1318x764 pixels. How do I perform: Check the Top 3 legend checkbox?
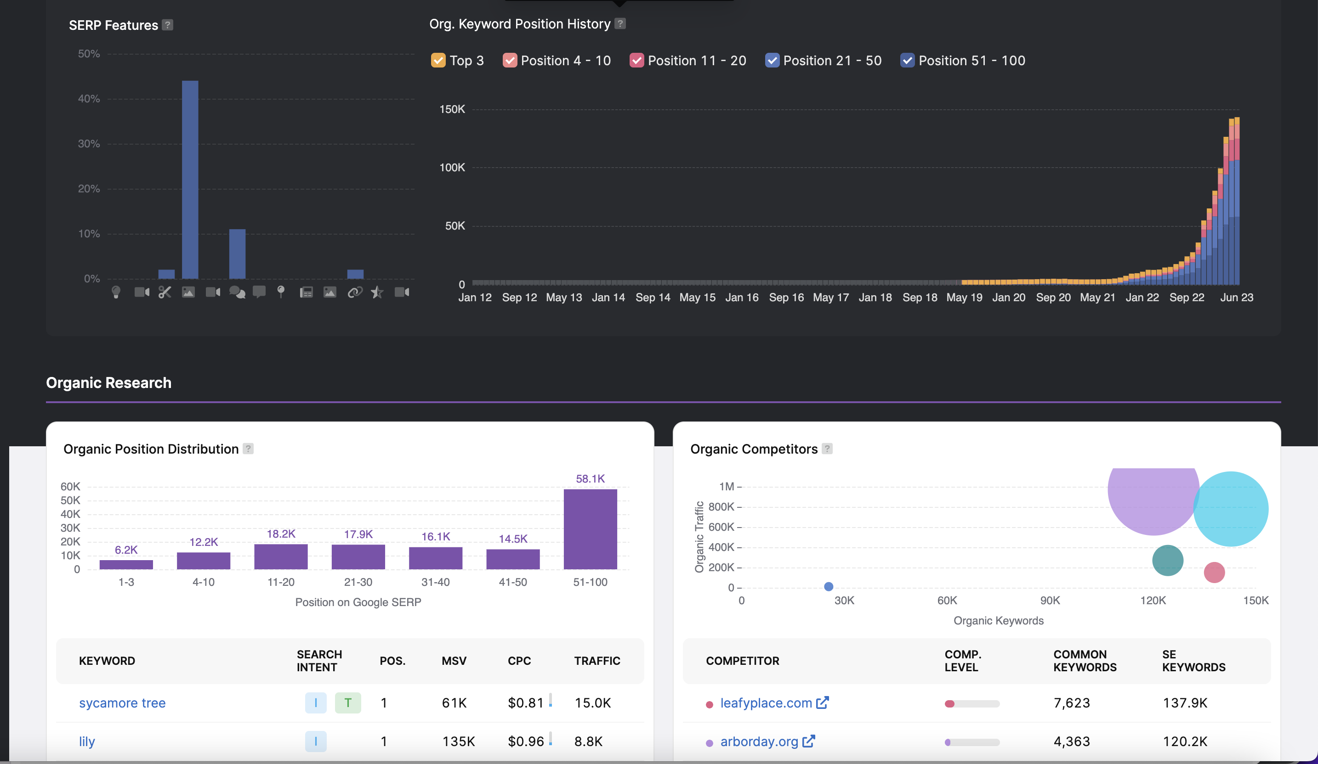pyautogui.click(x=438, y=61)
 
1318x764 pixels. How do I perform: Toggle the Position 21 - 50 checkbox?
pyautogui.click(x=772, y=61)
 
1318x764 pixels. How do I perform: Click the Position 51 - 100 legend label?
pyautogui.click(x=971, y=61)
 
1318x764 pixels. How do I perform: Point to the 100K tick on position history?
pyautogui.click(x=452, y=168)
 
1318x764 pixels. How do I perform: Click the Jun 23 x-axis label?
pyautogui.click(x=1236, y=298)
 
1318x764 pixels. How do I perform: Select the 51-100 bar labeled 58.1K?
pyautogui.click(x=590, y=529)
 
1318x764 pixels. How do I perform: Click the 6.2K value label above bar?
pyautogui.click(x=126, y=550)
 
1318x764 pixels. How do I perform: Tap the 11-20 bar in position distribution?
pyautogui.click(x=281, y=556)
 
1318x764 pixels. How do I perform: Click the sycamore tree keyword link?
pyautogui.click(x=122, y=703)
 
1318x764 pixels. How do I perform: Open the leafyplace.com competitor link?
pyautogui.click(x=766, y=703)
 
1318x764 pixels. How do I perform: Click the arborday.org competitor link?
pyautogui.click(x=759, y=742)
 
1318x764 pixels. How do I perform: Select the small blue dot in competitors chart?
pyautogui.click(x=829, y=586)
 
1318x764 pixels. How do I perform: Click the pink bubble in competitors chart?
pyautogui.click(x=1214, y=572)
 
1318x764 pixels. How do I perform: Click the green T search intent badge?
pyautogui.click(x=348, y=703)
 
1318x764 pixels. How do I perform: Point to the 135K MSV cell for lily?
pyautogui.click(x=458, y=742)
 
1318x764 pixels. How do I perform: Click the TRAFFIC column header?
pyautogui.click(x=597, y=661)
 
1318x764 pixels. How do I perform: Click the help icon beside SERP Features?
pyautogui.click(x=167, y=25)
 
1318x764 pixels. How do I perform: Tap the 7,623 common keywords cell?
pyautogui.click(x=1071, y=703)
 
